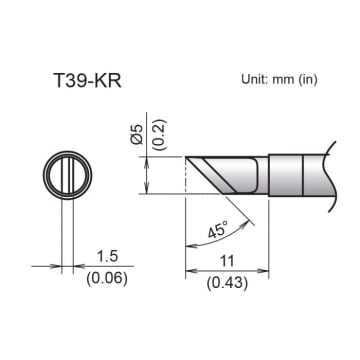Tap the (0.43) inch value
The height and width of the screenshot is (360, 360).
tap(228, 283)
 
